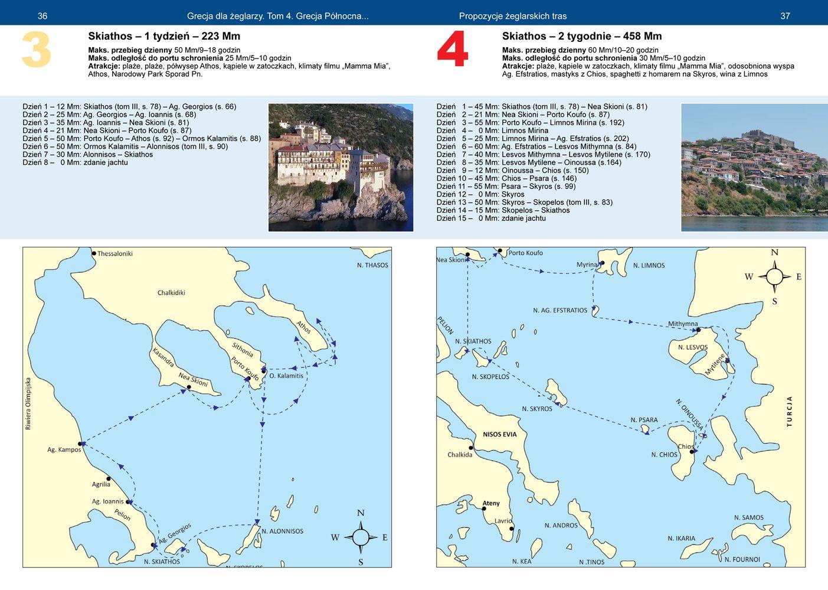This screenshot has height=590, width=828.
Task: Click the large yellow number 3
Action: [x=36, y=50]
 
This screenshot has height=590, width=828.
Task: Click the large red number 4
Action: [x=453, y=49]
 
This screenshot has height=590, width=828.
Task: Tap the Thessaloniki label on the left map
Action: [x=114, y=254]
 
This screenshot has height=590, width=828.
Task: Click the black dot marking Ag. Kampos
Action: [x=80, y=444]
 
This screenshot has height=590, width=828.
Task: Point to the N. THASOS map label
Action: [x=372, y=265]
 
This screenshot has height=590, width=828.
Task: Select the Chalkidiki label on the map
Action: [x=171, y=292]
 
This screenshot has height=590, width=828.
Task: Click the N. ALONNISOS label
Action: [x=283, y=531]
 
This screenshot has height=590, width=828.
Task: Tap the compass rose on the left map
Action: [x=361, y=537]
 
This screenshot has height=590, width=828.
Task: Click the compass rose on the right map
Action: [x=774, y=276]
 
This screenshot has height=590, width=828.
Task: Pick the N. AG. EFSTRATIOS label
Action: [x=560, y=310]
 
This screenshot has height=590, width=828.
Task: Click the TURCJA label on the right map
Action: [x=789, y=411]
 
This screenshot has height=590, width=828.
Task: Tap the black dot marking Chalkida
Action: [x=471, y=448]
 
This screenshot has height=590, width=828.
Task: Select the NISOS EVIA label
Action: [x=500, y=434]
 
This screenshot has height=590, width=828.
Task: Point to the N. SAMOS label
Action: [x=748, y=517]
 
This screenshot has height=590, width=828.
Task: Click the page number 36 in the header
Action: [x=42, y=16]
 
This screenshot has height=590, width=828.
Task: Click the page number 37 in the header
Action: [x=785, y=16]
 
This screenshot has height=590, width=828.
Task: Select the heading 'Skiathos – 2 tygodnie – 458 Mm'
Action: [x=582, y=36]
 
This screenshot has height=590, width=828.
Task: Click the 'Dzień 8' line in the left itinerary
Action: [x=75, y=162]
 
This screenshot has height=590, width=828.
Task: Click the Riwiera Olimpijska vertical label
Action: [x=28, y=403]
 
